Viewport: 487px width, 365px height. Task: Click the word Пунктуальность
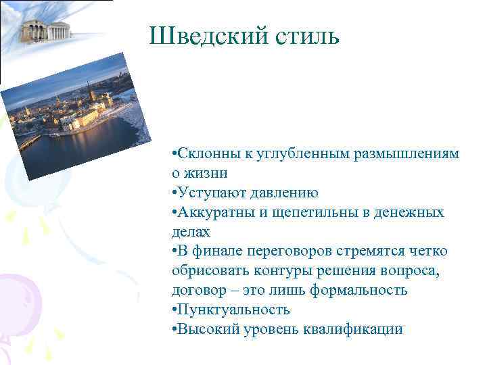point(234,310)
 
